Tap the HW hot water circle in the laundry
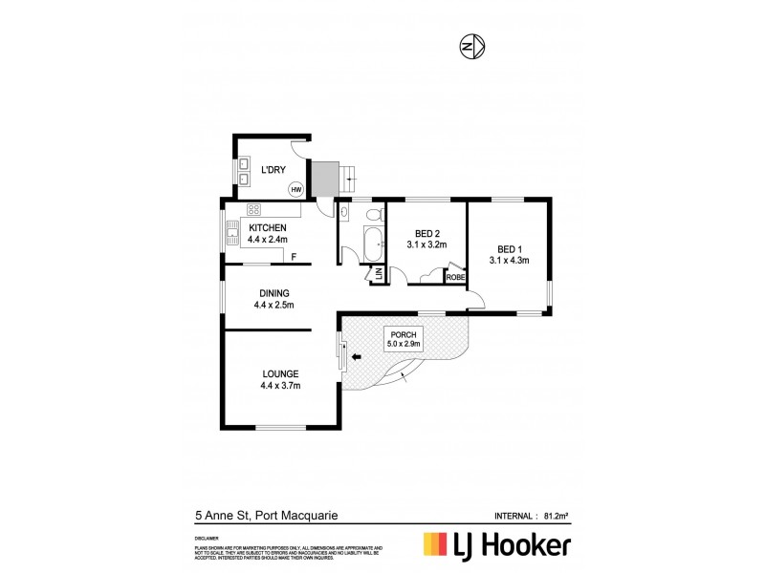[296, 189]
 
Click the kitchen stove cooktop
[254, 209]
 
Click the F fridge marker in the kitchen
[294, 257]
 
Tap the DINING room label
[273, 293]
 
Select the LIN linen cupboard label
[378, 274]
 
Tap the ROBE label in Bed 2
[454, 277]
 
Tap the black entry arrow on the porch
[357, 357]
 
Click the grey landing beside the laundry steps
[327, 176]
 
